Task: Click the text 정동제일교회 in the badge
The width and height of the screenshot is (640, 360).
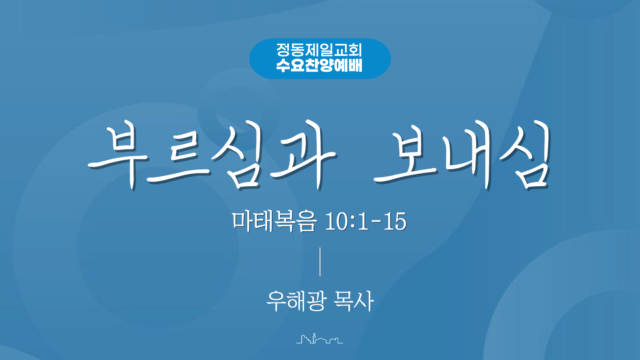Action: tap(319, 50)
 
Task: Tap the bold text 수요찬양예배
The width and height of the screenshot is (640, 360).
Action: tap(319, 65)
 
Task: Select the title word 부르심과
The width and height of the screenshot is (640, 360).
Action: tap(212, 155)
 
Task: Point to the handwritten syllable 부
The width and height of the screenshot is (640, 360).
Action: tap(118, 157)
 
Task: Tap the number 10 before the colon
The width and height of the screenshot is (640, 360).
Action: tap(337, 221)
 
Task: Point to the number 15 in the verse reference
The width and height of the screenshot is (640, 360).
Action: tap(395, 221)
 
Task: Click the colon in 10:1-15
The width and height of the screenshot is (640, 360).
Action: tap(353, 223)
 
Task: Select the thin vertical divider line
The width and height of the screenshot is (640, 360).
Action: tap(320, 262)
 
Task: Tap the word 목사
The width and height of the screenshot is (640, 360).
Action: tap(354, 301)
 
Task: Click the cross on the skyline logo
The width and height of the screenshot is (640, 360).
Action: tap(314, 334)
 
